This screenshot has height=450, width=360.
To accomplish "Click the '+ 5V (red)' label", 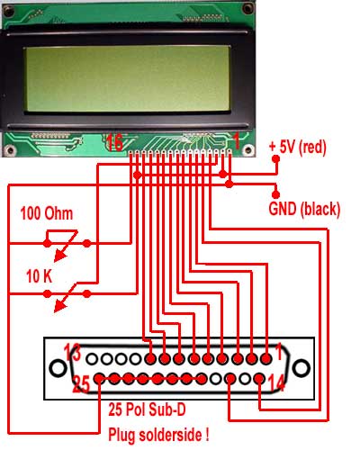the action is pyautogui.click(x=297, y=148).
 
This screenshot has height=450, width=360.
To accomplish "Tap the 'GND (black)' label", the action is pyautogui.click(x=304, y=209).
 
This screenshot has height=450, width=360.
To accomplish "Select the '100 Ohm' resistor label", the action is pyautogui.click(x=47, y=213).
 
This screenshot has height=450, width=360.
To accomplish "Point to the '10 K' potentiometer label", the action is pyautogui.click(x=39, y=276).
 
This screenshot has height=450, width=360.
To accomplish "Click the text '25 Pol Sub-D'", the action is pyautogui.click(x=147, y=409).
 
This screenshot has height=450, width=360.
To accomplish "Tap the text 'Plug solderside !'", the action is pyautogui.click(x=158, y=435).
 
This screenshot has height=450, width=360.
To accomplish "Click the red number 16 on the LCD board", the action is pyautogui.click(x=114, y=142).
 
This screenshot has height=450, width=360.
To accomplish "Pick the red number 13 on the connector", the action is pyautogui.click(x=73, y=353).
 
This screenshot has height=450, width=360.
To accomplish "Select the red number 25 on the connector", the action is pyautogui.click(x=81, y=384).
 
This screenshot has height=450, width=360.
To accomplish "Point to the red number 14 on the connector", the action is pyautogui.click(x=276, y=382).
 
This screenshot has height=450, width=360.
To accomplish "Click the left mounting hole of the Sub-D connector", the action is pyautogui.click(x=58, y=368).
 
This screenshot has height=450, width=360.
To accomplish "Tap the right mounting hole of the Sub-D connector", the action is pyautogui.click(x=301, y=368).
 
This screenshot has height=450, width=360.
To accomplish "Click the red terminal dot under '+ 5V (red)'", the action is pyautogui.click(x=275, y=158).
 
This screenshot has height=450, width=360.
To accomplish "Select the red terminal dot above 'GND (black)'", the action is pyautogui.click(x=275, y=194).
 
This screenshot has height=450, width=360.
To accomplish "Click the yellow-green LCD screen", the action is pyautogui.click(x=127, y=78).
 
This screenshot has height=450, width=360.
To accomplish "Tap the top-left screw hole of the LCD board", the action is pyautogui.click(x=8, y=10).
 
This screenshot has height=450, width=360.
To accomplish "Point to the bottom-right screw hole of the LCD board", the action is pyautogui.click(x=248, y=149).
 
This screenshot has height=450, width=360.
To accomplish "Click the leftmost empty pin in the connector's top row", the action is pyautogui.click(x=93, y=358).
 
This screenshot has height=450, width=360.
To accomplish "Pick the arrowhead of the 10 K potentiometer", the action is pyautogui.click(x=60, y=307).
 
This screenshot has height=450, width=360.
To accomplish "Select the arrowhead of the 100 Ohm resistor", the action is pyautogui.click(x=60, y=256).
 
